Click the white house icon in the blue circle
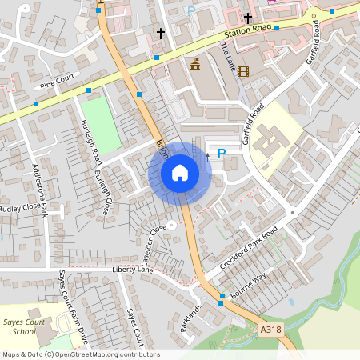(180, 173)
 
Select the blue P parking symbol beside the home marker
(222, 154)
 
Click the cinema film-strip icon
(243, 71)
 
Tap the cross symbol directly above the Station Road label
(248, 17)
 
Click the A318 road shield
(270, 328)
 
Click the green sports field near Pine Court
(101, 124)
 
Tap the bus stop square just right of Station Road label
(277, 27)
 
